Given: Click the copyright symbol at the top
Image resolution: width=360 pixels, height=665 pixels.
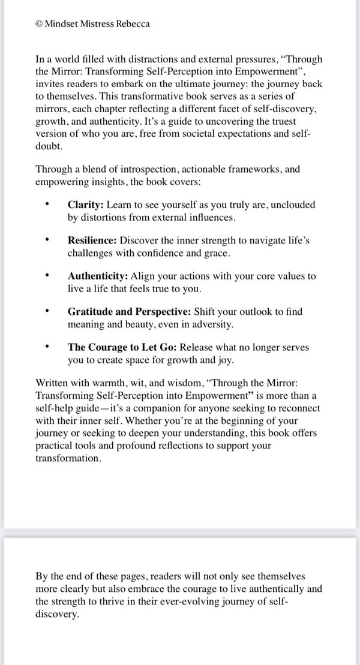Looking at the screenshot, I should tap(39, 24).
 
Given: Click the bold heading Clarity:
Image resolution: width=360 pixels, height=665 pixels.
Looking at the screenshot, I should tap(85, 205).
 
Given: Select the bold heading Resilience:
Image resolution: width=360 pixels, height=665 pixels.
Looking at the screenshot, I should tap(92, 240).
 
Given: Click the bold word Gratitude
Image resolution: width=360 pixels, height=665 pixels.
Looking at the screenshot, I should tap(89, 312).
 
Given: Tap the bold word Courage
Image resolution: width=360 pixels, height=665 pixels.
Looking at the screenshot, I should tap(107, 348).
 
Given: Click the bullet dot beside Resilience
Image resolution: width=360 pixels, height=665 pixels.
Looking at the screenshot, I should tap(47, 240).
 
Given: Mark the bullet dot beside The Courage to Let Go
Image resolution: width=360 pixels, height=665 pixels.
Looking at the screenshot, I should tap(47, 348).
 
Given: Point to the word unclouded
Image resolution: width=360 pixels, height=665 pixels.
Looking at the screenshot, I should tap(293, 205).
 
